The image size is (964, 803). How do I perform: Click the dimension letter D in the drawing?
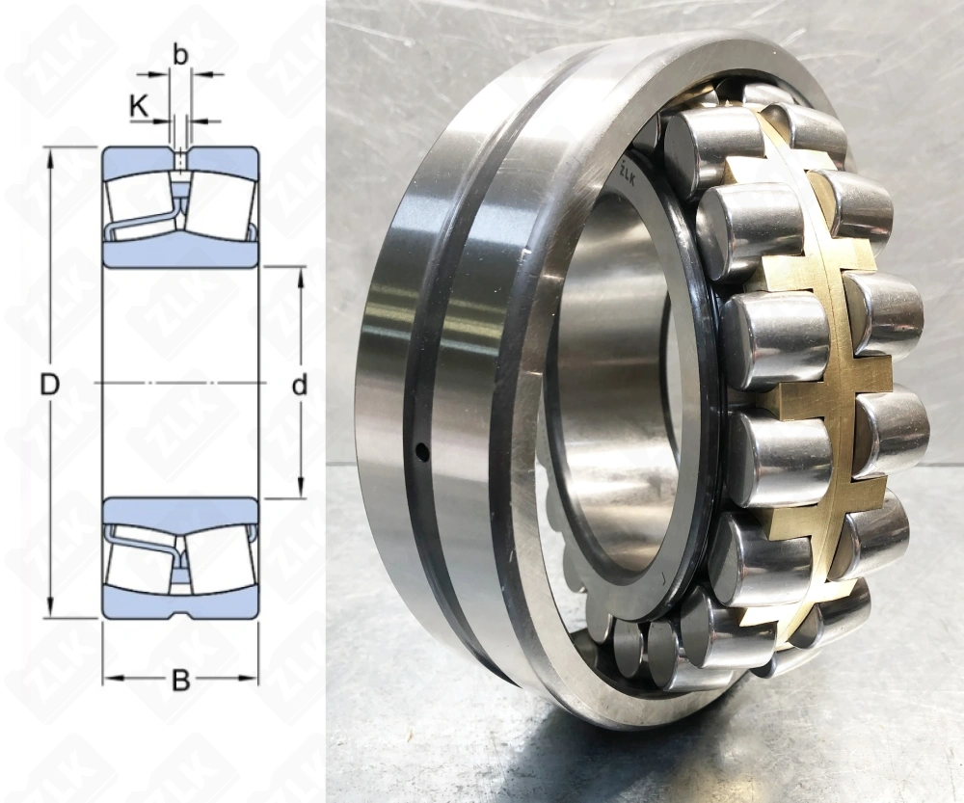tap(50, 385)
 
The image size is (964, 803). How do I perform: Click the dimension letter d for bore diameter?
tap(300, 386)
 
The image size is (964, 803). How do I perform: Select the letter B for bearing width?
tap(180, 681)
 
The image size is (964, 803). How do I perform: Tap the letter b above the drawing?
tap(180, 55)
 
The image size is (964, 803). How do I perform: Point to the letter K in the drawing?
tap(139, 106)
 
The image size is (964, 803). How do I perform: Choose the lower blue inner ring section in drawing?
tap(180, 508)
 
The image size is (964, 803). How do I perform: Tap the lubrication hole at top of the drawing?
tap(180, 156)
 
